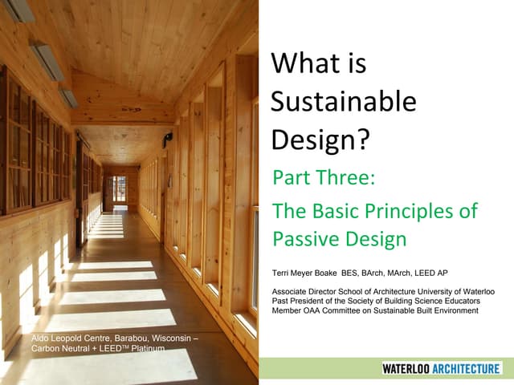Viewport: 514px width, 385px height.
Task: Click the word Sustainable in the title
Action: coord(344,101)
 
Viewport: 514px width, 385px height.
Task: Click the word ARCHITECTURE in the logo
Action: coord(468,368)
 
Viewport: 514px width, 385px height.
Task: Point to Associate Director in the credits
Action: coord(306,291)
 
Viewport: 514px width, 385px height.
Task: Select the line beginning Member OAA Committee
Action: coord(375,310)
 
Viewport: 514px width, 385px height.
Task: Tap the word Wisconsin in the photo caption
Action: coord(181,338)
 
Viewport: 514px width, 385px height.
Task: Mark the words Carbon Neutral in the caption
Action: coord(60,349)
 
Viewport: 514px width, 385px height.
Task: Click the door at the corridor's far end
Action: coord(120,189)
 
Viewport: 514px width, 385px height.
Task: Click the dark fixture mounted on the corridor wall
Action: coord(166,137)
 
